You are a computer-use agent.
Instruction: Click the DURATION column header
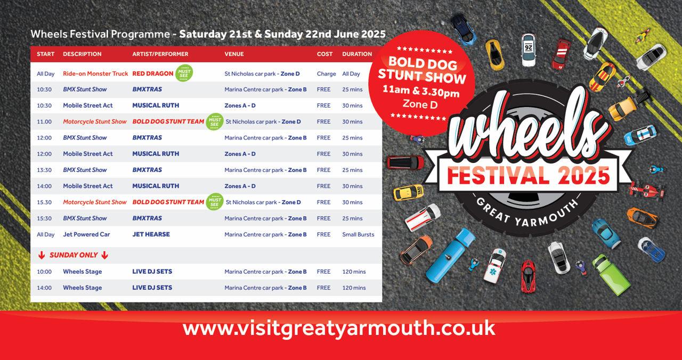click(357, 54)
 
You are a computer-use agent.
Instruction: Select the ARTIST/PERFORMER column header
click(160, 54)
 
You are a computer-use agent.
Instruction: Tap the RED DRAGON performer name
click(152, 73)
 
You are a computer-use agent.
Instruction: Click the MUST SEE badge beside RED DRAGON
click(184, 73)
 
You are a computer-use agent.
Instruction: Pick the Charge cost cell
click(326, 73)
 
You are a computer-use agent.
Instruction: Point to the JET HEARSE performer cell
click(151, 234)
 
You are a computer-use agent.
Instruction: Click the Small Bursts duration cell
click(358, 234)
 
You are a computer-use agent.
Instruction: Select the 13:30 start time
click(44, 170)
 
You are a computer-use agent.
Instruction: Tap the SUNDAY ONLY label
click(74, 255)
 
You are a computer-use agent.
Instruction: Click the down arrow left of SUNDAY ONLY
click(42, 255)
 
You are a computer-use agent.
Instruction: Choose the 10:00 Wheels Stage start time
click(44, 272)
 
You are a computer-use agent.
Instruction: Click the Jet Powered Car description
click(86, 234)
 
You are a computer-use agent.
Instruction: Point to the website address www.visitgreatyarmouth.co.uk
click(339, 329)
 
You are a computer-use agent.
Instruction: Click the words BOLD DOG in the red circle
click(423, 63)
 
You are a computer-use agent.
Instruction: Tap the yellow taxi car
click(408, 192)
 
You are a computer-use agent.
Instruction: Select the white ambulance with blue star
click(494, 266)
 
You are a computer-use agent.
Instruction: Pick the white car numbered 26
click(528, 50)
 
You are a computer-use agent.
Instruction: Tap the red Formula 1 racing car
click(646, 190)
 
